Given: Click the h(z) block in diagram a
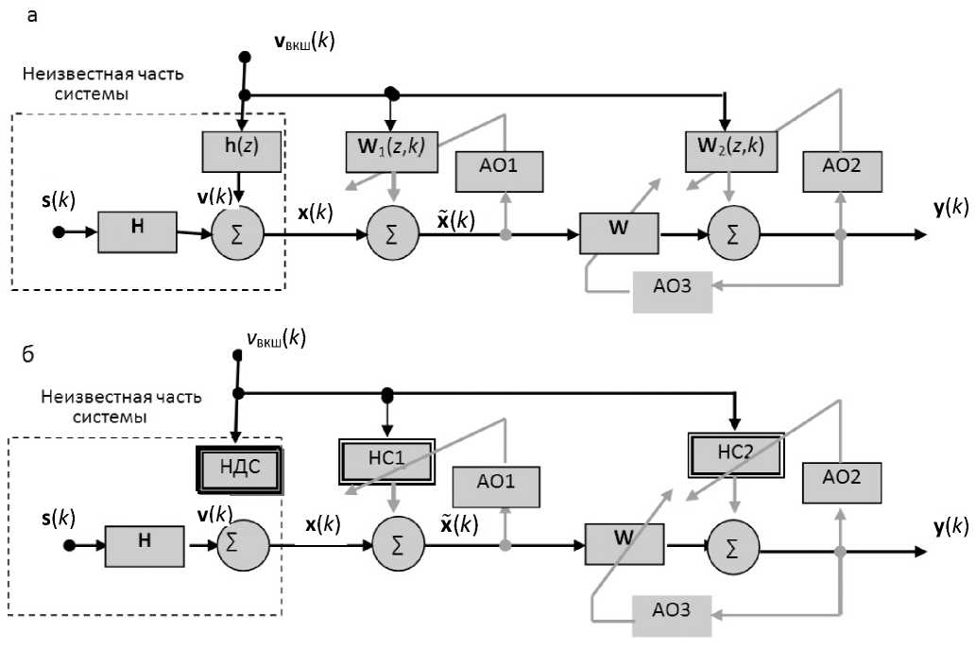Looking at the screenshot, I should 242,150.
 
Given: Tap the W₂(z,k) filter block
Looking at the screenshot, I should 725,147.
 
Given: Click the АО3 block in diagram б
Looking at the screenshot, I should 673,611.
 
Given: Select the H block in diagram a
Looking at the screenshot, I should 138,231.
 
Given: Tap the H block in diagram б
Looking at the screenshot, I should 145,543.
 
